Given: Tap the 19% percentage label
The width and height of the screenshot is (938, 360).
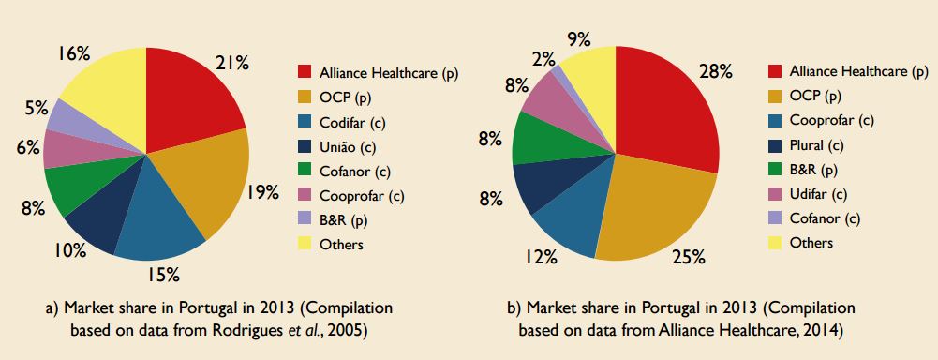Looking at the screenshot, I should click(x=263, y=193).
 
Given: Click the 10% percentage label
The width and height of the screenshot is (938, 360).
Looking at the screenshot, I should click(x=70, y=249).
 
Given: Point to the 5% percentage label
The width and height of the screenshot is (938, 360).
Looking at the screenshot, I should click(x=37, y=107).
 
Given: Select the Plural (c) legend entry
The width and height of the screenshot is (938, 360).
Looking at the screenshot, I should click(x=816, y=145).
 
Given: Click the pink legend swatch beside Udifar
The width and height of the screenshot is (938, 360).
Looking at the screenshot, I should click(x=774, y=194).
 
